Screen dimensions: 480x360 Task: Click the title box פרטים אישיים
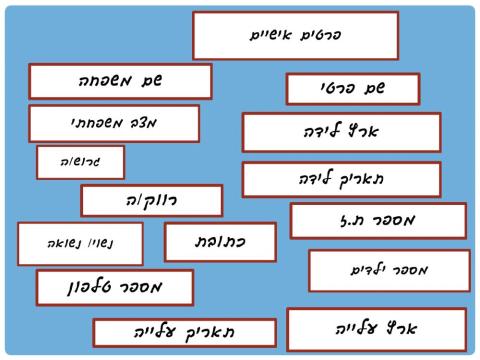coord(288,35)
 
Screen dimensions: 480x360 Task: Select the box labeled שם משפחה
coord(120,81)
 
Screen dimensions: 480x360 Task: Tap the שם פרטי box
coord(352,89)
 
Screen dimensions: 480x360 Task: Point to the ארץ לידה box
coord(341,132)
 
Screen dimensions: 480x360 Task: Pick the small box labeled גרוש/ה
coord(80,162)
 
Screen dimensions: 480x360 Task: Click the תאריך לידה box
coord(341,180)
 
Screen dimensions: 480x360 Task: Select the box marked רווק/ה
coord(151,201)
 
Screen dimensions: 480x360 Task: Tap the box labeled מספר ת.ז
coord(378,220)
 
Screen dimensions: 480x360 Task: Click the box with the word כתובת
coord(220,242)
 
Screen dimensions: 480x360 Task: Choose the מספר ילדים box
coord(389,270)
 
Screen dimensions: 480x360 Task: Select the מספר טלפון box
coord(115,288)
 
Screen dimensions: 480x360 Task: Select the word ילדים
coord(368,270)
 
